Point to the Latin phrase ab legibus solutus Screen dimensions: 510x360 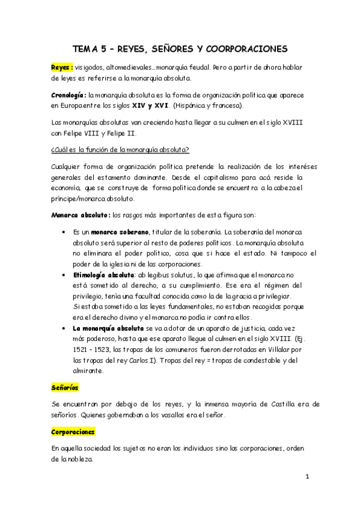pyautogui.click(x=166, y=274)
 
